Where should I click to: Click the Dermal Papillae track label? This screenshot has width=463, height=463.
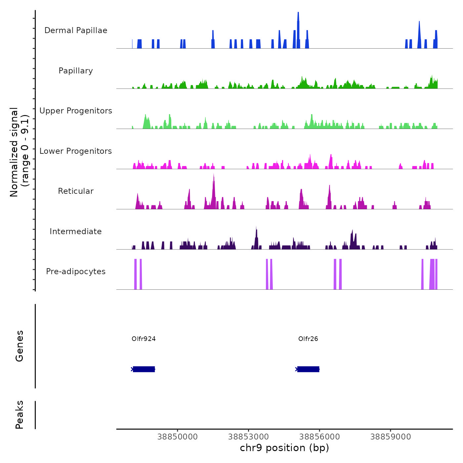(76, 30)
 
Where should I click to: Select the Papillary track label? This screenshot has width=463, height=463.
(76, 71)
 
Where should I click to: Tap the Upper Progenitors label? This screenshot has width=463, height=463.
(76, 111)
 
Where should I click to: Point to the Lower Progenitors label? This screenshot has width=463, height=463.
(76, 151)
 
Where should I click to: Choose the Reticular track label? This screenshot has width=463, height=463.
(76, 191)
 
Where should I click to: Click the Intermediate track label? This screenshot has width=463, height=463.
(76, 232)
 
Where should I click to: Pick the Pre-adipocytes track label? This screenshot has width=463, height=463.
(76, 272)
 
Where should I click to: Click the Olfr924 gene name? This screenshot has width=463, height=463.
(144, 339)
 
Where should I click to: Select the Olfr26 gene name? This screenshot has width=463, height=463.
(308, 339)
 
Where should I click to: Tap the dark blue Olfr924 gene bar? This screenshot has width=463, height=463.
(144, 369)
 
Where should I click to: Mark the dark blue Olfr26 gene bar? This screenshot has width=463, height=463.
(308, 369)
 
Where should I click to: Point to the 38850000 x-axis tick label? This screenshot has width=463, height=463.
(178, 437)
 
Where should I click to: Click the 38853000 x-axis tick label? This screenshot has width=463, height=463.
(248, 437)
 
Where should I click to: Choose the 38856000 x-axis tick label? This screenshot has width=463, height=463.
(319, 437)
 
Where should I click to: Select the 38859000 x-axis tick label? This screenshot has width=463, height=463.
(391, 437)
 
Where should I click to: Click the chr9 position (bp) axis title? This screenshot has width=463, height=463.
(284, 448)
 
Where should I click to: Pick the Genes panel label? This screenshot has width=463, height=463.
(20, 346)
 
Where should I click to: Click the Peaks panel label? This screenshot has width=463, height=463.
(20, 415)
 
